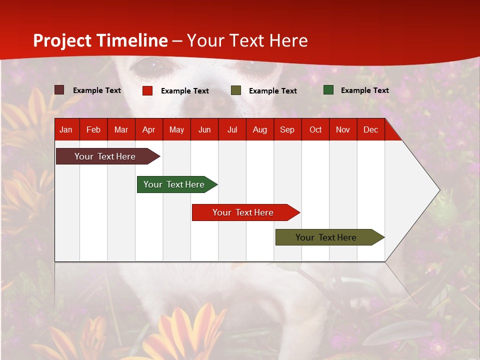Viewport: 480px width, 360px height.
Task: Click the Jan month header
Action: tap(66, 129)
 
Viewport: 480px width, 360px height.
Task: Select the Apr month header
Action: tap(148, 129)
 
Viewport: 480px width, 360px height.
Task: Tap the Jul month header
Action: tap(232, 129)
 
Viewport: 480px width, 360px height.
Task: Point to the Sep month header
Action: tap(287, 129)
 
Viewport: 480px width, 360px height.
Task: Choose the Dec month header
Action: tap(370, 129)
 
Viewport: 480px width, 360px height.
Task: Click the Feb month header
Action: tap(93, 129)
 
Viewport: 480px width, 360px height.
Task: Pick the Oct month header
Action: tap(315, 129)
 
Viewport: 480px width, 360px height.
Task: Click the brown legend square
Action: tap(59, 90)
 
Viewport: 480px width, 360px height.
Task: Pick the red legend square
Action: tap(147, 90)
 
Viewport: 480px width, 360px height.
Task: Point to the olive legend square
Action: tap(236, 90)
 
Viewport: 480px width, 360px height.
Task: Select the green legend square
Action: tap(328, 90)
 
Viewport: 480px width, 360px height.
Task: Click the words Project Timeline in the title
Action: tap(100, 40)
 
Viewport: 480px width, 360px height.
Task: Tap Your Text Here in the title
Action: tap(247, 40)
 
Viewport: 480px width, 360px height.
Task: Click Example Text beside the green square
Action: tap(364, 90)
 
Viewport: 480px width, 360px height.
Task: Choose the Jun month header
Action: tap(204, 129)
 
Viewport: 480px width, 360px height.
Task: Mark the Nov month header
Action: tap(343, 129)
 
